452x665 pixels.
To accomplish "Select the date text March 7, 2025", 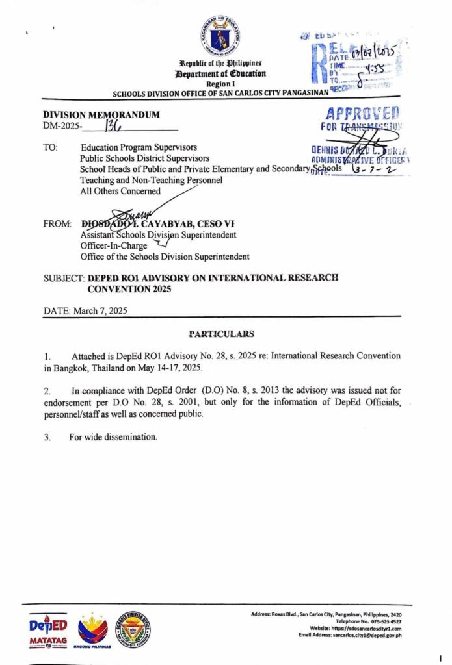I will [x=100, y=310].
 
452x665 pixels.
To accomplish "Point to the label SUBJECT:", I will [x=63, y=278].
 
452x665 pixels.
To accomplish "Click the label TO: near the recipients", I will [x=51, y=147].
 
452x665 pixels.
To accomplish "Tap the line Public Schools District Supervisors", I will [x=144, y=158].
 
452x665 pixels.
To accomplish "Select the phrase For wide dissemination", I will [x=113, y=437].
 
